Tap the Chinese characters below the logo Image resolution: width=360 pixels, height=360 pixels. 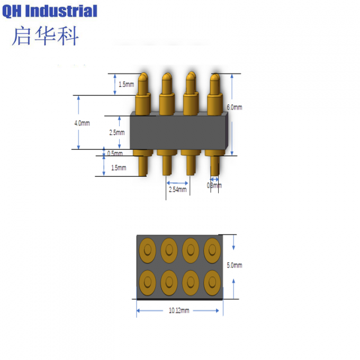coord(46,35)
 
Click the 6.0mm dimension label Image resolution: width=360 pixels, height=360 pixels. coord(235,107)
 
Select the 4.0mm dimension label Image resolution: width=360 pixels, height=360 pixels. coord(82,123)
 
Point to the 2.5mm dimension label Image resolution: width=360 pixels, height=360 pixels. coord(116,133)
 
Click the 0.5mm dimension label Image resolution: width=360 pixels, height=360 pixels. coord(115,154)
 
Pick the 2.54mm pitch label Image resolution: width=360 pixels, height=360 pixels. coord(177,189)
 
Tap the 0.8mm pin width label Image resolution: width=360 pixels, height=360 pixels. coord(214,185)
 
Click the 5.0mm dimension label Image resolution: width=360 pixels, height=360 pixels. coord(234,265)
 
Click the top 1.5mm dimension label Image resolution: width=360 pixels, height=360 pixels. coord(126,84)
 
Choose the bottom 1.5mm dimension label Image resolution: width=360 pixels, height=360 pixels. coord(119,168)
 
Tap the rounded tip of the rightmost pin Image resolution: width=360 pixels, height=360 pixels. coord(214,78)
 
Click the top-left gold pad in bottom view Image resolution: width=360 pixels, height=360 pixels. coord(147,248)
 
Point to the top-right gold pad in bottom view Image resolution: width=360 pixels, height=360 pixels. coord(211,248)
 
